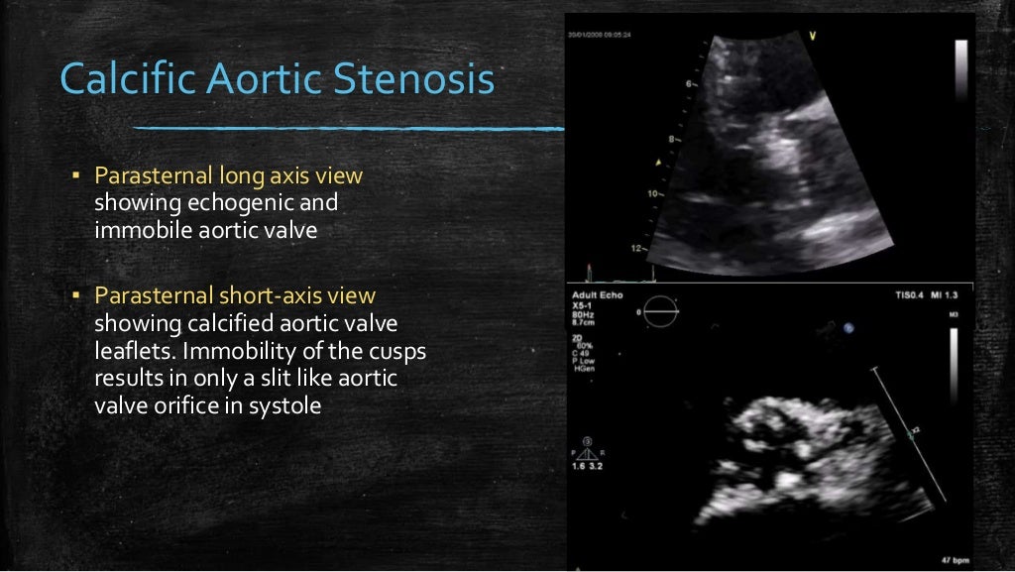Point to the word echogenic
tap(252, 203)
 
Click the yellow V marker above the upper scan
tap(813, 37)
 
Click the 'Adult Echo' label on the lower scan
tap(595, 294)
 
